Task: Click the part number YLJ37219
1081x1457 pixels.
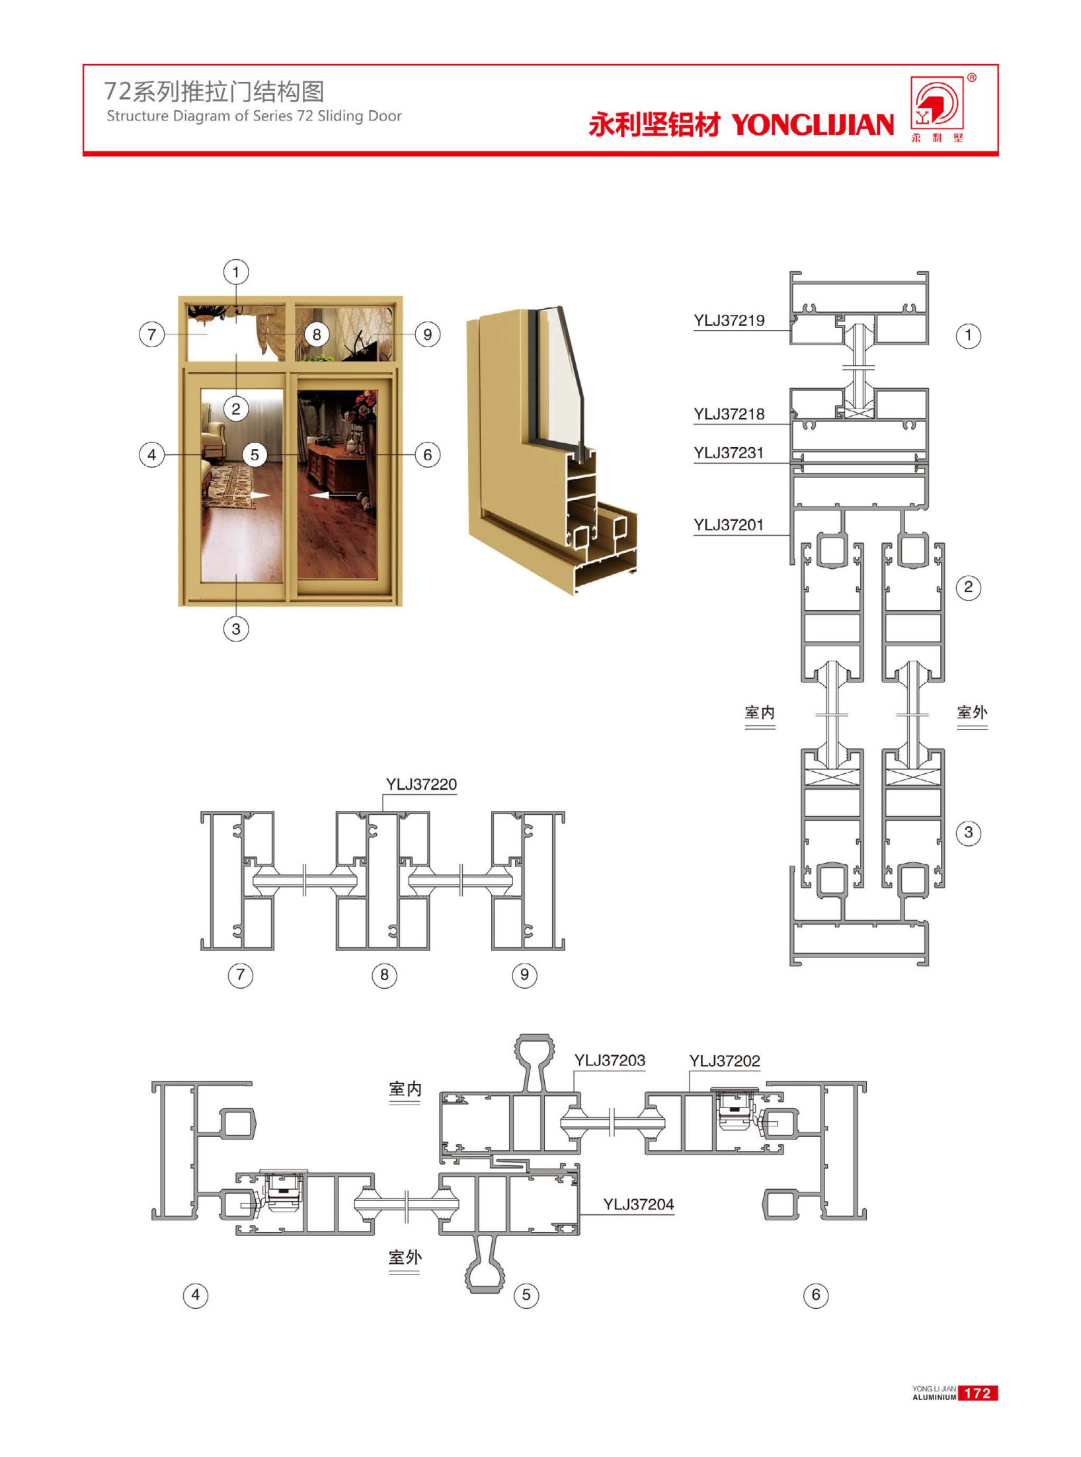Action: [x=729, y=321]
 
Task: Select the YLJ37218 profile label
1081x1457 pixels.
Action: [x=729, y=415]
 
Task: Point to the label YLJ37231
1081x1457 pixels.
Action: [x=729, y=453]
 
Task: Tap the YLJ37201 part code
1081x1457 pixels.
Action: [x=729, y=525]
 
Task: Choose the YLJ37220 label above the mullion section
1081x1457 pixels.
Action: [x=421, y=784]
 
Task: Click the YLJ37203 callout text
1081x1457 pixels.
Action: [x=610, y=1061]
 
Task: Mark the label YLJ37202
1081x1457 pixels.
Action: [x=725, y=1062]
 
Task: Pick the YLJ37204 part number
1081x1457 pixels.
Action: [x=639, y=1205]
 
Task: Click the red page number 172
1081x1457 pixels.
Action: [x=978, y=1394]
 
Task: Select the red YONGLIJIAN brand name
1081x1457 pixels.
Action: [x=813, y=124]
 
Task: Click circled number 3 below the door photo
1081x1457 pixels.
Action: [x=236, y=628]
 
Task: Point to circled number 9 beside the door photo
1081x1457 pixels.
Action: [x=428, y=335]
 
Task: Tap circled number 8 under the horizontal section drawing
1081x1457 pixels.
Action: [x=384, y=975]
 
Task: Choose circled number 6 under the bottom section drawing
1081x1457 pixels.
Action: [x=816, y=1295]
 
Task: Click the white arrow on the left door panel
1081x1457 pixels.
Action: [x=260, y=495]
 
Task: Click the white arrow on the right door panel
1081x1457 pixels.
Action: [x=320, y=495]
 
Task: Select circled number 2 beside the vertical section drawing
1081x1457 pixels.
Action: [x=969, y=587]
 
